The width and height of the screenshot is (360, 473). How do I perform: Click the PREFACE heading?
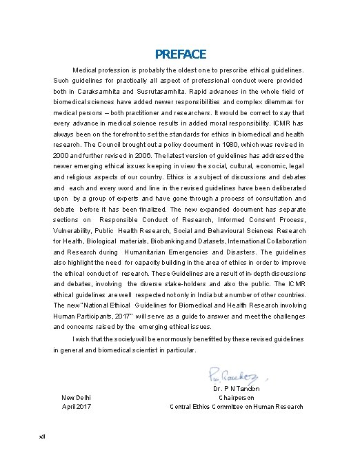click(180, 54)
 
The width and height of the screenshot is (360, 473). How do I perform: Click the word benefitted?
click(231, 339)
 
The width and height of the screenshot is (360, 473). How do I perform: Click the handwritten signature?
click(234, 375)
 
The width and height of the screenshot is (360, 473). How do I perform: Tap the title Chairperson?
click(237, 398)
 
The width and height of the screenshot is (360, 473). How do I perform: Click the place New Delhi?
click(76, 398)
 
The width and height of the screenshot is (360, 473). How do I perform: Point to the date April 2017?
click(76, 407)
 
